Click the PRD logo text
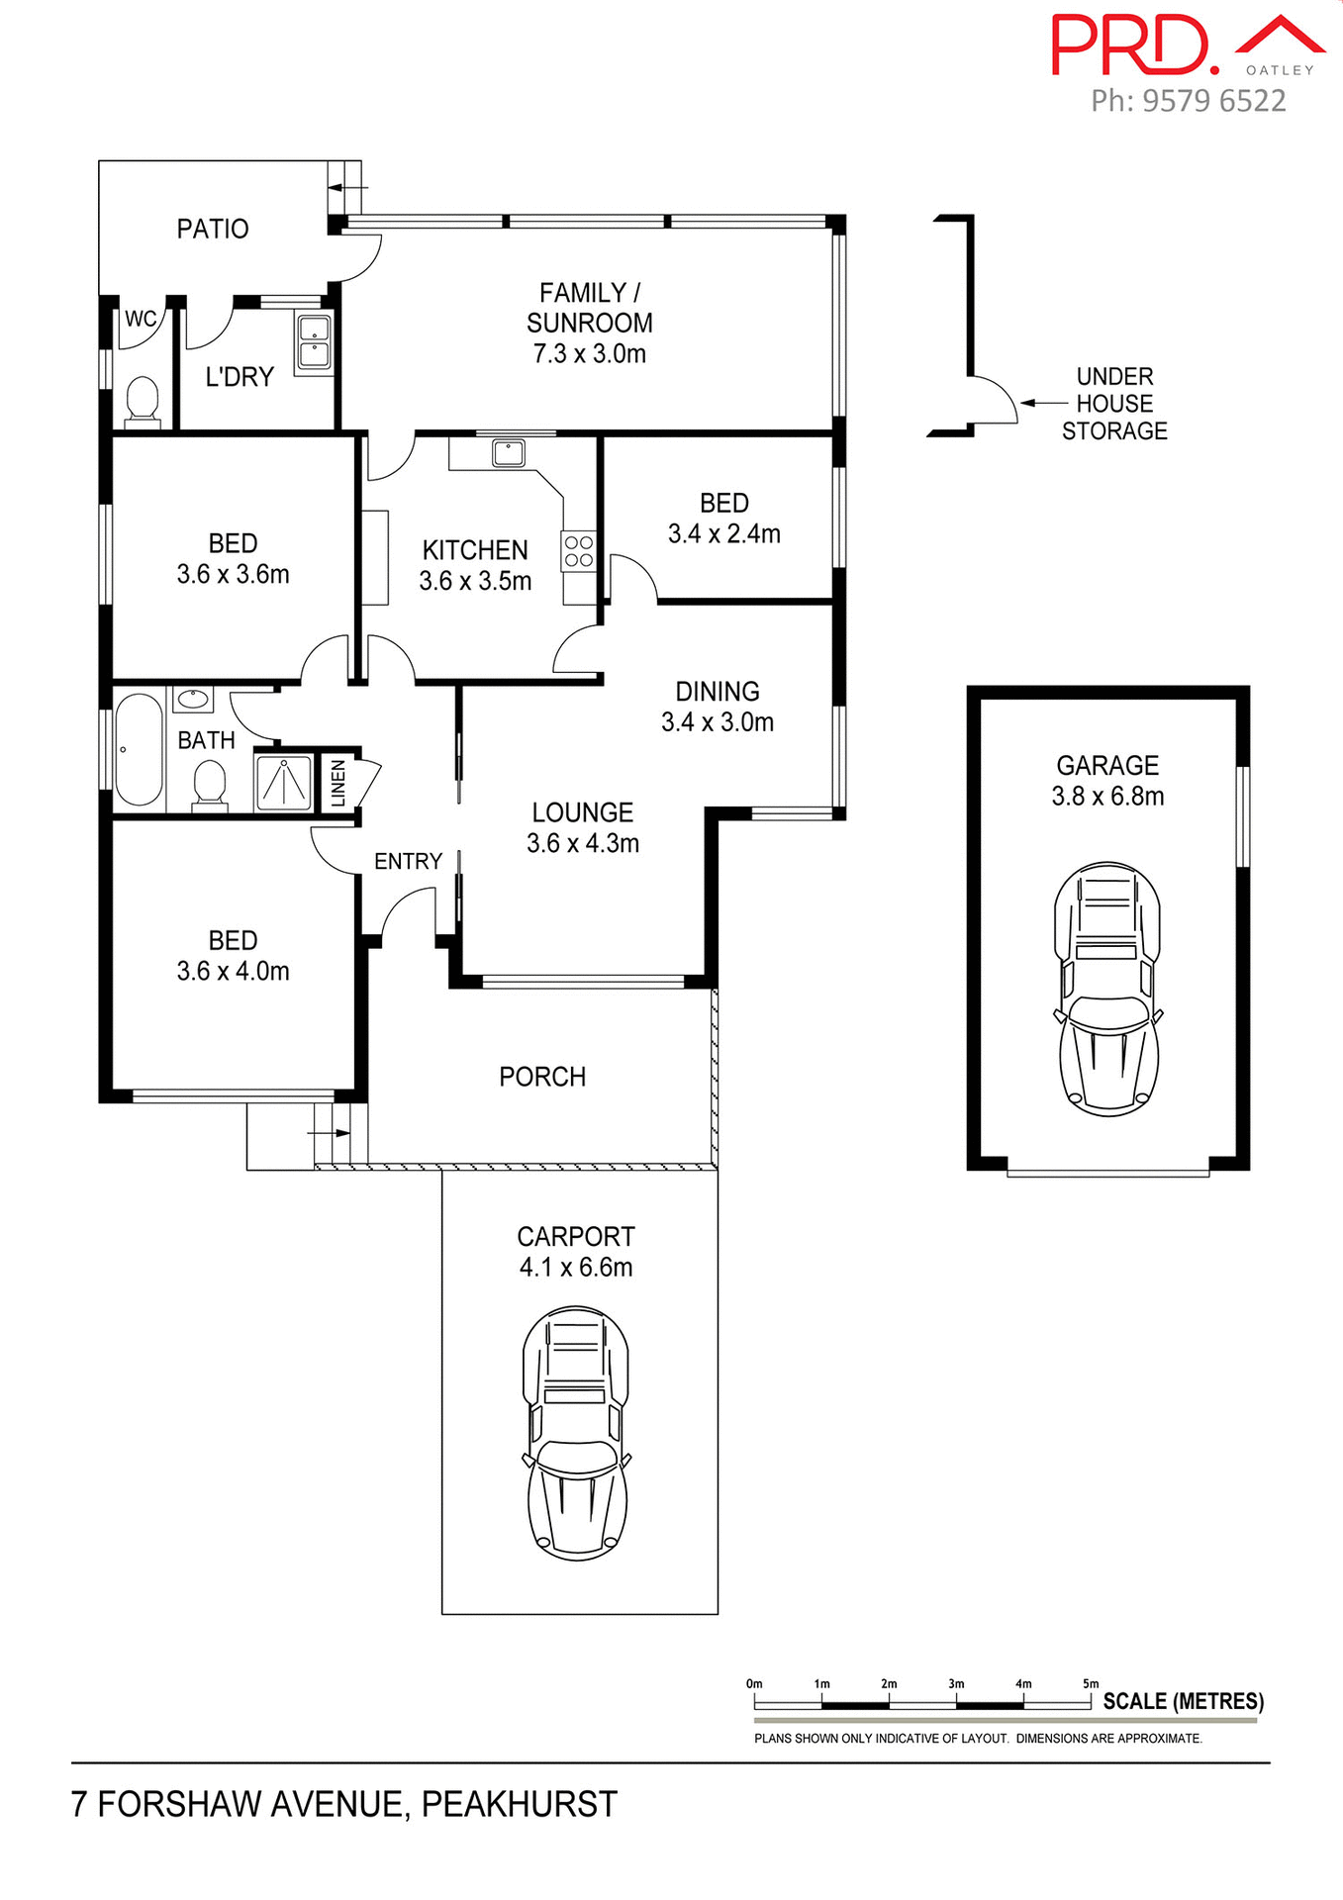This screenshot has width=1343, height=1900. [x=1134, y=46]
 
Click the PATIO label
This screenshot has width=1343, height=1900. [x=212, y=229]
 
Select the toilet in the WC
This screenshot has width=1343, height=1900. [x=144, y=400]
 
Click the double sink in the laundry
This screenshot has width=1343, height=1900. [x=314, y=342]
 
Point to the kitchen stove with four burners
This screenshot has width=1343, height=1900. [x=578, y=552]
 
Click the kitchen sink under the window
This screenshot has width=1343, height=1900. [x=509, y=453]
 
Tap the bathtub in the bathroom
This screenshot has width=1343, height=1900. [x=139, y=749]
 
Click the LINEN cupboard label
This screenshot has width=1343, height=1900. [x=338, y=783]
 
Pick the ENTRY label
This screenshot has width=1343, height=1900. [x=408, y=862]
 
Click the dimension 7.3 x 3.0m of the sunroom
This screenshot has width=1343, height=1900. [x=589, y=353]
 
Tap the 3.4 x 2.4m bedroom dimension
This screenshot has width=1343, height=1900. [x=723, y=534]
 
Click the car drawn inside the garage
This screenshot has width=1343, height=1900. [x=1107, y=989]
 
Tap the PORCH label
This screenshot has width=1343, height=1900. [x=541, y=1077]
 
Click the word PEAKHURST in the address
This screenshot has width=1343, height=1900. [x=519, y=1805]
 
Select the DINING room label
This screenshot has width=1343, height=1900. [x=717, y=692]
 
